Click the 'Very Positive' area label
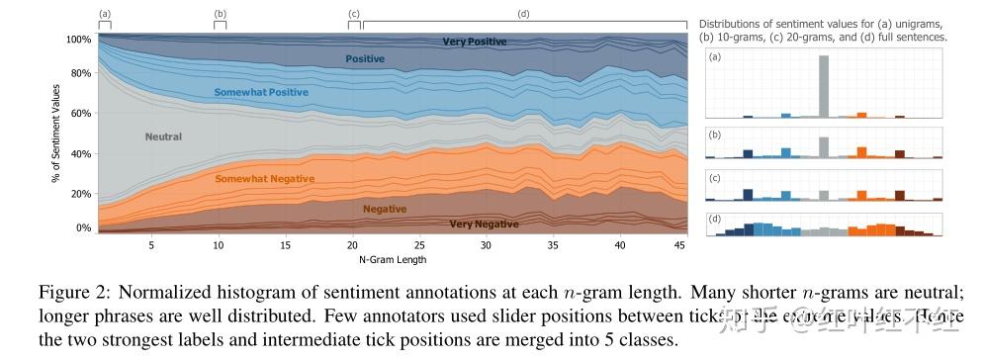click(x=474, y=42)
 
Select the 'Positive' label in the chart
click(x=365, y=59)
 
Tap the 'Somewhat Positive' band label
click(x=261, y=92)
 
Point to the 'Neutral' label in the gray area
click(x=163, y=135)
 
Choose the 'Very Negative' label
click(x=484, y=225)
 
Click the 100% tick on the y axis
click(x=78, y=40)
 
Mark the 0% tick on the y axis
click(x=83, y=227)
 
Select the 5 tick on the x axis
click(x=150, y=244)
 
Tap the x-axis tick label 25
click(x=419, y=244)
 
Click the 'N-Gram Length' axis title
click(x=392, y=259)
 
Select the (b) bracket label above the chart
click(x=220, y=13)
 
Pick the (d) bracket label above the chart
click(x=524, y=13)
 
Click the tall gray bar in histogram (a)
click(x=823, y=87)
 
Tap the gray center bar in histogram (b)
click(x=823, y=147)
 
